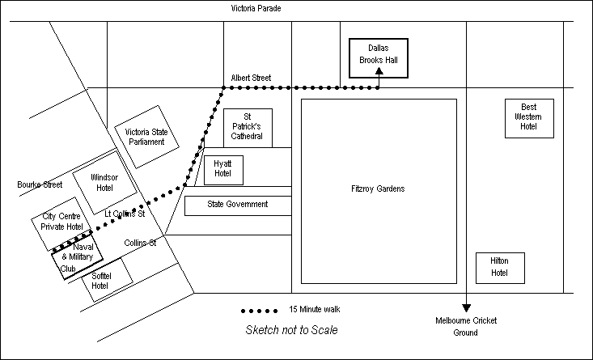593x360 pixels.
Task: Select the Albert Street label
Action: click(251, 78)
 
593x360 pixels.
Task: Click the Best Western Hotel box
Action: click(528, 117)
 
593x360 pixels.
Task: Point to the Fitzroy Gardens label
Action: click(379, 189)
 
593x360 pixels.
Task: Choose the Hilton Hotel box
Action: click(499, 268)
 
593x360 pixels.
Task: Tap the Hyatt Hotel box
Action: click(222, 168)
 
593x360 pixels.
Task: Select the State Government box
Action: click(237, 205)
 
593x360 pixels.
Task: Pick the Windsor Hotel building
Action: click(104, 182)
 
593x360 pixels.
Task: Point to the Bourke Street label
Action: click(40, 184)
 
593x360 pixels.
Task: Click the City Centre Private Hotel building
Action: click(63, 222)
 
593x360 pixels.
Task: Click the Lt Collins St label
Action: click(125, 214)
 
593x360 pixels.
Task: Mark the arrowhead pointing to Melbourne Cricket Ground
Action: click(466, 307)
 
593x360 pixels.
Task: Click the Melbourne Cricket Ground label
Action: click(466, 328)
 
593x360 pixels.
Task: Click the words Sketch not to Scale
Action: click(291, 329)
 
